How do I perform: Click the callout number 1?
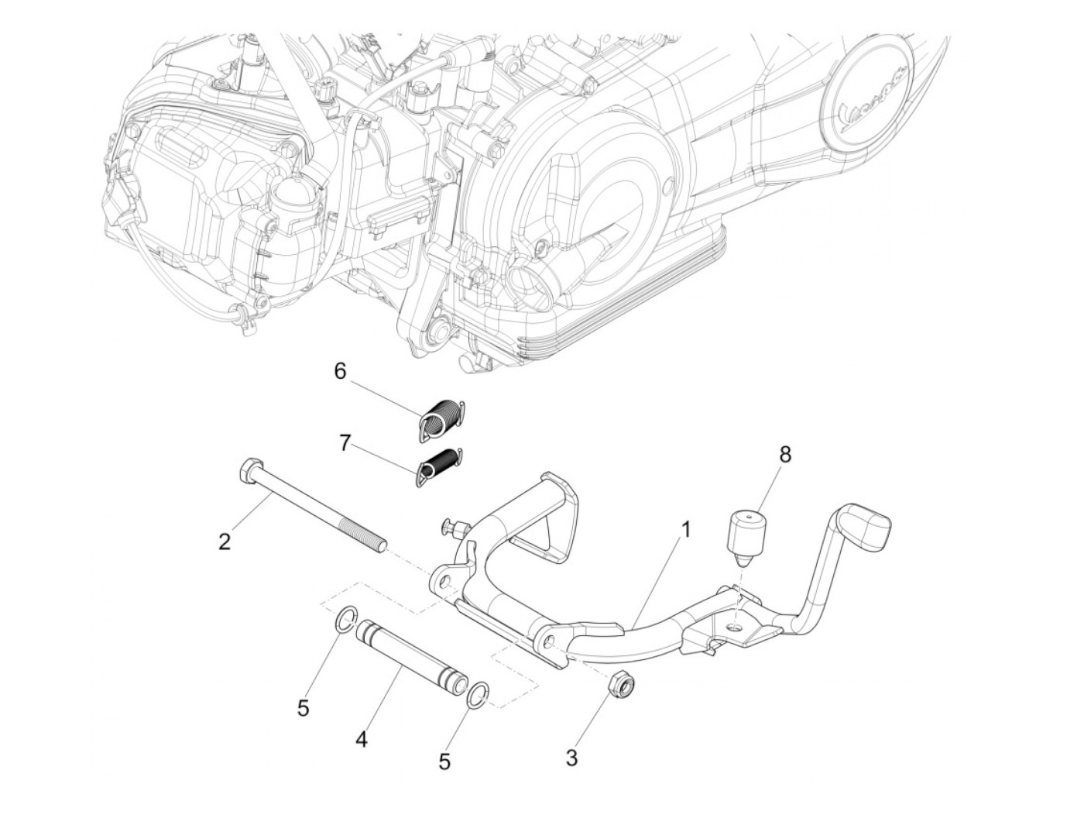pos(685,530)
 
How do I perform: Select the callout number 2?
pos(225,542)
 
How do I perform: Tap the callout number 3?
pos(571,756)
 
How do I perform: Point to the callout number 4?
pos(361,740)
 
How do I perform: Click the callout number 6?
pos(341,371)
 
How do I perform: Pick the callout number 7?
pos(345,443)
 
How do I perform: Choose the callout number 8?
pos(785,455)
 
